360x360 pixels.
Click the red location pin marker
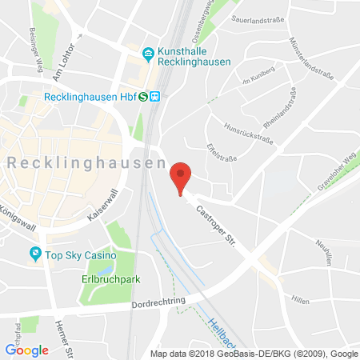coord(182,176)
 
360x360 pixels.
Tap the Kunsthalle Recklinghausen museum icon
coord(148,54)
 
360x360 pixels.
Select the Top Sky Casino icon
coord(35,254)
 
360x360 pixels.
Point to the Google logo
coord(26,349)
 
